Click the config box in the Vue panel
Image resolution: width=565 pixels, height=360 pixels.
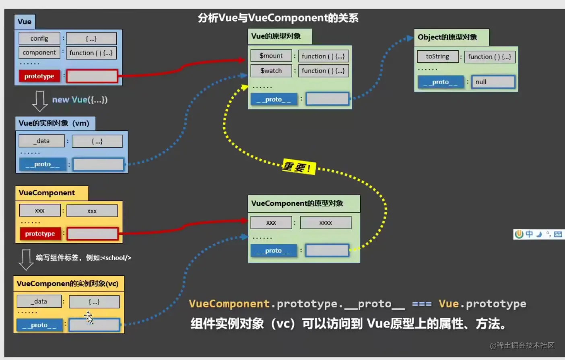point(39,38)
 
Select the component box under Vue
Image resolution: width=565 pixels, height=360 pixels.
point(39,52)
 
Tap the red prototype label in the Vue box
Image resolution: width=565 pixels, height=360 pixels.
point(39,76)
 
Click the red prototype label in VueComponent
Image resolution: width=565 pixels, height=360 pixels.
point(40,234)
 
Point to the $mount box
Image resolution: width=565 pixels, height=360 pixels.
point(271,56)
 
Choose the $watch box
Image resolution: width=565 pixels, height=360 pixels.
point(271,71)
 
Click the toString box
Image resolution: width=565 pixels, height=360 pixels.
point(437,56)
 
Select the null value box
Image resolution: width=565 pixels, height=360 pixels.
point(493,82)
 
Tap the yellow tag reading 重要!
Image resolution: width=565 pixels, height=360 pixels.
point(298,167)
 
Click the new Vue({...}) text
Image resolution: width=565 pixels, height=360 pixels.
point(80,99)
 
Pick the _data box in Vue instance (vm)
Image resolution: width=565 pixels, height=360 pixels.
point(41,141)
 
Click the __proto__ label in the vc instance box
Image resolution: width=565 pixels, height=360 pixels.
point(39,325)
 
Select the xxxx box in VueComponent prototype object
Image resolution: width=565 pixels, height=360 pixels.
point(326,223)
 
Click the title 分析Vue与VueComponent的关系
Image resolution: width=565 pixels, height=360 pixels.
point(278,18)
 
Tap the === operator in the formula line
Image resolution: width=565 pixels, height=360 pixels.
point(421,304)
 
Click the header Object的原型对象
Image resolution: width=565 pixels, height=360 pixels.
point(447,37)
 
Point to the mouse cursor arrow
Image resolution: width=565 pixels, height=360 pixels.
point(89,317)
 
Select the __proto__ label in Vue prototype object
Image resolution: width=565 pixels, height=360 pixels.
point(274,99)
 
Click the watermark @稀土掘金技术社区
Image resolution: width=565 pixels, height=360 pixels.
point(522,345)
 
